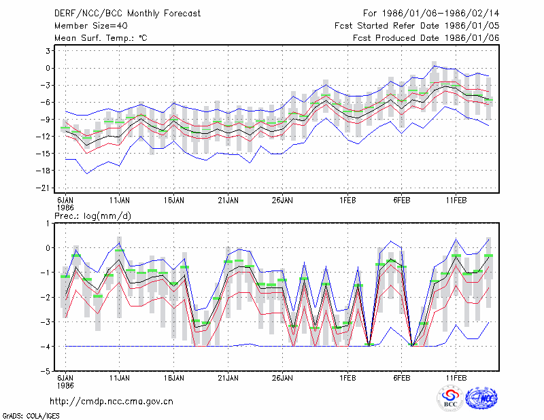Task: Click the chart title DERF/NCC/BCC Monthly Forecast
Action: click(127, 14)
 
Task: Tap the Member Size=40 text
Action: click(91, 26)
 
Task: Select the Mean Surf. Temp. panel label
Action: click(101, 38)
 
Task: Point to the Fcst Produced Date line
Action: click(426, 38)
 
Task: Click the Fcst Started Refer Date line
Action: click(417, 26)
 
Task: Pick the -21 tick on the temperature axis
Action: click(43, 188)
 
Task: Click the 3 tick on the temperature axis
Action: click(48, 51)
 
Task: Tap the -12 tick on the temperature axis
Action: click(43, 137)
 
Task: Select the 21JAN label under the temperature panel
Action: click(228, 200)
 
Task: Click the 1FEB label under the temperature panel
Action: click(347, 200)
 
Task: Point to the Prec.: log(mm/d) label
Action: click(93, 216)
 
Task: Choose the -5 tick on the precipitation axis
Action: click(45, 371)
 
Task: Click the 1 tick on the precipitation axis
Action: click(48, 224)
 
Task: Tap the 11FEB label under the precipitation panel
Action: click(456, 378)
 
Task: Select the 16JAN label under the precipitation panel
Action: click(174, 378)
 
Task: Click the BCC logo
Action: click(450, 398)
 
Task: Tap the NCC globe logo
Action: click(481, 398)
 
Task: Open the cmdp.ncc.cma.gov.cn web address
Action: click(112, 402)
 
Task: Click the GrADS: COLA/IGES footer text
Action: click(31, 416)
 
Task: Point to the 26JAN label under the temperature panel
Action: click(282, 200)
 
